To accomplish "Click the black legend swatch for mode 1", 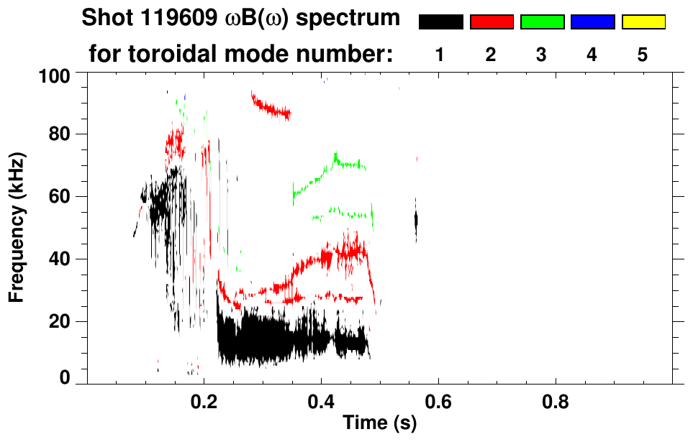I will click(x=440, y=22).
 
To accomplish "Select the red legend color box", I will click(x=492, y=22).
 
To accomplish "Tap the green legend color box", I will click(x=542, y=22).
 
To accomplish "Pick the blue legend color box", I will click(x=592, y=22).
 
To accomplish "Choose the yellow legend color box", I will click(x=643, y=22).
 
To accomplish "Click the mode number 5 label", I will click(x=643, y=55).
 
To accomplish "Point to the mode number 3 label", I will click(x=541, y=55).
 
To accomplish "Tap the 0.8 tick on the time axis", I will click(x=556, y=402).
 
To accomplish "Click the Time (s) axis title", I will click(x=379, y=424).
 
